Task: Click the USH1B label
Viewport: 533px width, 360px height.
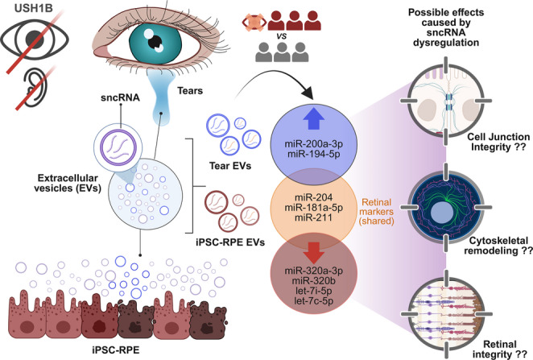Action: click(x=34, y=8)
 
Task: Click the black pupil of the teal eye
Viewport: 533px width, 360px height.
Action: click(x=155, y=42)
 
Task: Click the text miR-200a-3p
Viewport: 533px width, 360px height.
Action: click(x=314, y=144)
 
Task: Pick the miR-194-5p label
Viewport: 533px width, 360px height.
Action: click(x=314, y=154)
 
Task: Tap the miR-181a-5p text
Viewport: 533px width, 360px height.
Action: click(x=314, y=207)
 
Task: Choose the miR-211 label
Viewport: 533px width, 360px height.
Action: click(x=314, y=217)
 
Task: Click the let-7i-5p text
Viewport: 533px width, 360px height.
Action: click(x=314, y=291)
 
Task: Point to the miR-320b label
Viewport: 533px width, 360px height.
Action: click(x=314, y=281)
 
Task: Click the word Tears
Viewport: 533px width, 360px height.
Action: click(x=190, y=91)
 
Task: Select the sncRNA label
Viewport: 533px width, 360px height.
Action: click(x=120, y=97)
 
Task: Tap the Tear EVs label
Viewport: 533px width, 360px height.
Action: click(x=230, y=166)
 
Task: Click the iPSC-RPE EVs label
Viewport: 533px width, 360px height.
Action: click(x=230, y=242)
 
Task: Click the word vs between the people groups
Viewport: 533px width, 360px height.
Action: click(x=282, y=36)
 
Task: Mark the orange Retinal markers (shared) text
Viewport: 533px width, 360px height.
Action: click(x=377, y=212)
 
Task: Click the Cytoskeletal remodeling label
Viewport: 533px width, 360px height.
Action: click(x=498, y=246)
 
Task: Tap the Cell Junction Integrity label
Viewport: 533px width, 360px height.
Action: click(x=498, y=142)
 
